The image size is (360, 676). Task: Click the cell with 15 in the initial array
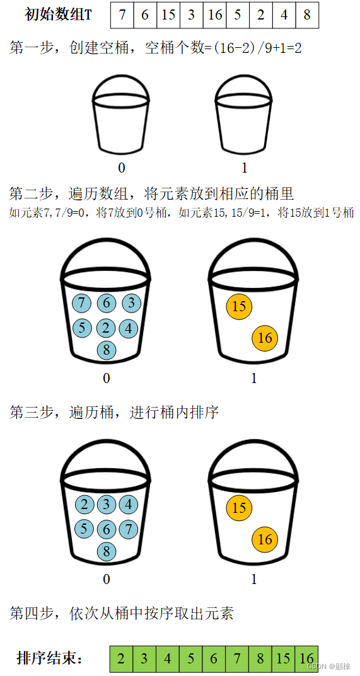[168, 15]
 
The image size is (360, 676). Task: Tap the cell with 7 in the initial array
[122, 15]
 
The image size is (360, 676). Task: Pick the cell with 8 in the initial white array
[307, 15]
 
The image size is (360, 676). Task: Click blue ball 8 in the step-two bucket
[107, 350]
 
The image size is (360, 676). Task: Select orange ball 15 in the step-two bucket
[239, 307]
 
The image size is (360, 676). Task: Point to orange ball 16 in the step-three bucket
[265, 539]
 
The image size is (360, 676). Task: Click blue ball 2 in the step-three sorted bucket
[84, 505]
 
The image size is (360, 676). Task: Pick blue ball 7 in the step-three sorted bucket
[128, 528]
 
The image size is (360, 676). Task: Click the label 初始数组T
[58, 15]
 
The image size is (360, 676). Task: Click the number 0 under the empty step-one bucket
[121, 168]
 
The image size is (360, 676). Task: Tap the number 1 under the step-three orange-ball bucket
[254, 580]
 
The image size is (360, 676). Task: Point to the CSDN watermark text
[328, 667]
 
